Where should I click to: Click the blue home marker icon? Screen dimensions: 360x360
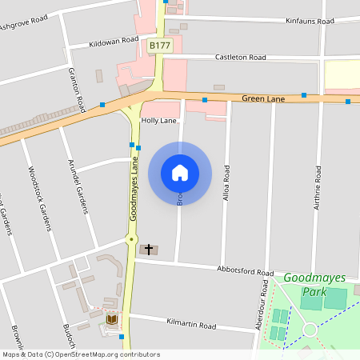coord(180,171)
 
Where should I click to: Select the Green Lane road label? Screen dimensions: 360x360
coord(263,98)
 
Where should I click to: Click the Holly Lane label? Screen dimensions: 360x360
coord(158,121)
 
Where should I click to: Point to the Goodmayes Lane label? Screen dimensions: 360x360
coord(135,189)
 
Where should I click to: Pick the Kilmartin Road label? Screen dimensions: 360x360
coord(191,326)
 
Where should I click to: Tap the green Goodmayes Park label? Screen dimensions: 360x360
coord(314,285)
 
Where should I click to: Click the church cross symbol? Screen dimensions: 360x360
coord(149,250)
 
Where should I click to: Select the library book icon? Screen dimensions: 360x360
coord(112,320)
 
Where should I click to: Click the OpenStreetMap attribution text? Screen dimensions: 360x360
coord(80,354)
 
